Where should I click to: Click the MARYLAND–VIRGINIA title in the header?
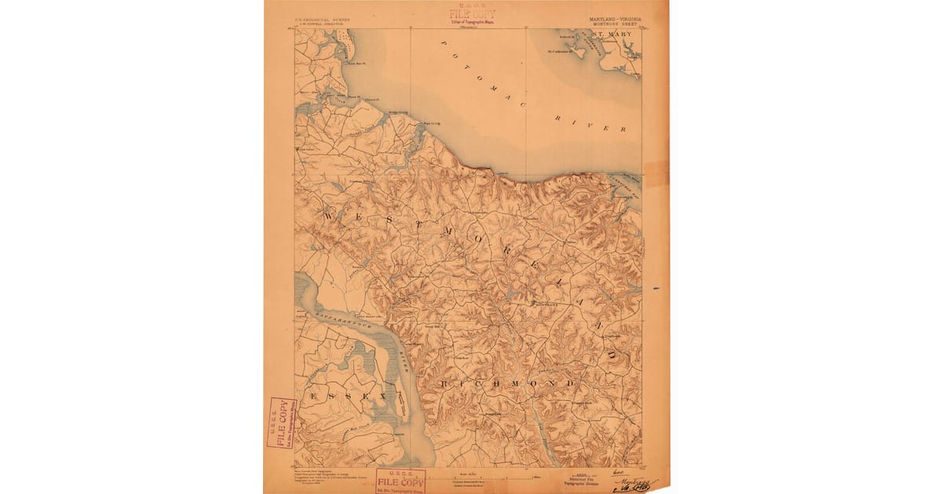pyautogui.click(x=614, y=18)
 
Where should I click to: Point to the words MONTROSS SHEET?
pyautogui.click(x=614, y=24)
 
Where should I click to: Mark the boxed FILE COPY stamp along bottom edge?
pyautogui.click(x=401, y=479)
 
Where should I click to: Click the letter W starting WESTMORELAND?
pyautogui.click(x=328, y=213)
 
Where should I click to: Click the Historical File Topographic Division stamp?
pyautogui.click(x=586, y=476)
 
